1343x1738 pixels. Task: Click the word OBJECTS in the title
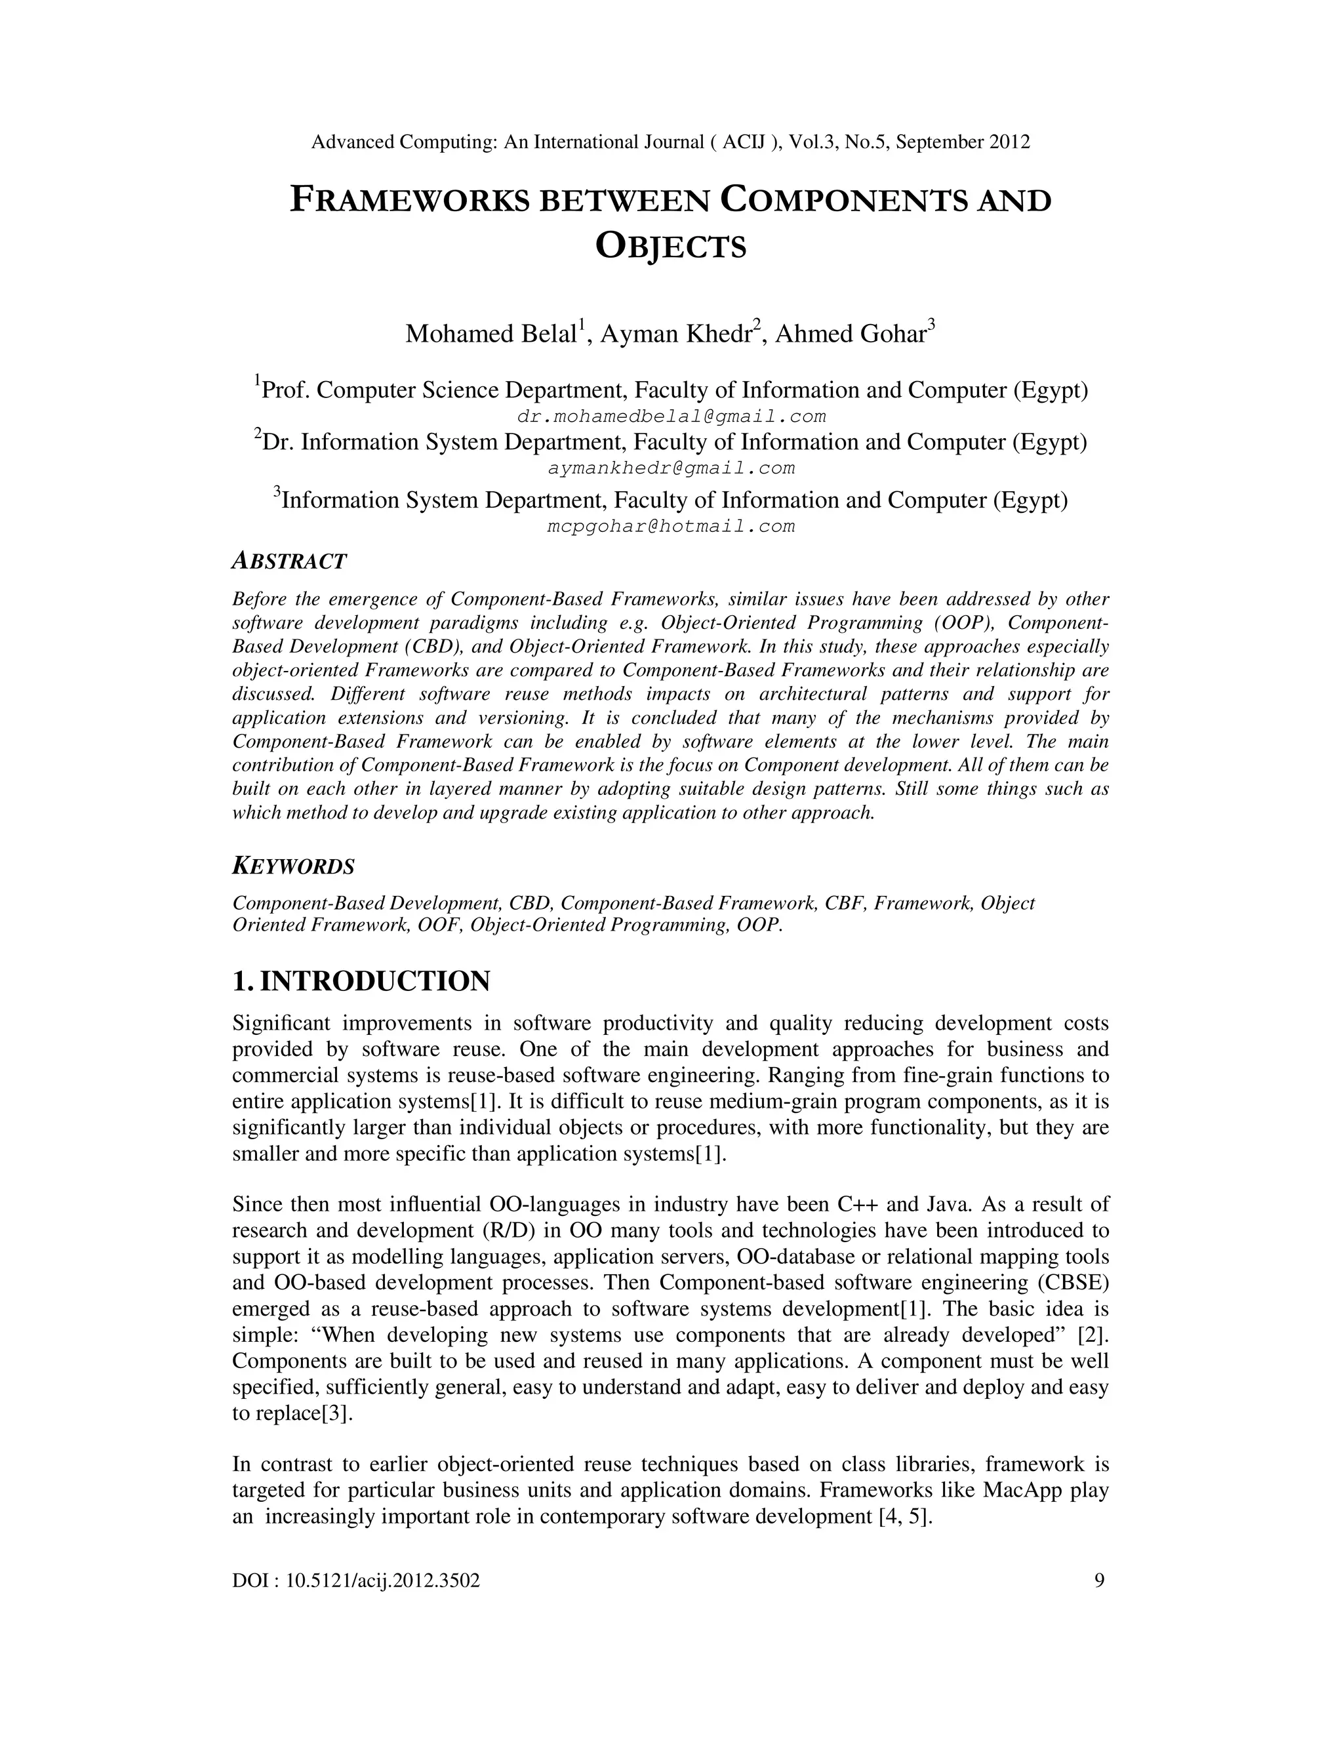pos(671,247)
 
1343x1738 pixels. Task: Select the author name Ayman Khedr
pos(676,333)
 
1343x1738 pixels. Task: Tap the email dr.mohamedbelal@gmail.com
pos(671,416)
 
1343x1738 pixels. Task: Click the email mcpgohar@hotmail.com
pos(671,526)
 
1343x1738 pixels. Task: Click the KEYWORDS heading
pos(292,866)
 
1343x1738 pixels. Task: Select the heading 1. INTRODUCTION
pos(361,980)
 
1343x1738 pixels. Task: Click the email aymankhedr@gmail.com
pos(671,468)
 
